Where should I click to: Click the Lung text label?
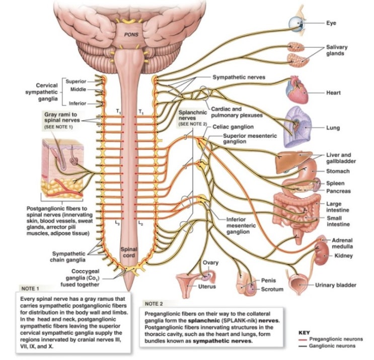332,128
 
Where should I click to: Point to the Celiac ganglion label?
233,127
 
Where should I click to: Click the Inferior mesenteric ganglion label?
241,226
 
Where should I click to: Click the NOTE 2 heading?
154,304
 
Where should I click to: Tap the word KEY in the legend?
304,332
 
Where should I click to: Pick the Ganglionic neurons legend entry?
333,346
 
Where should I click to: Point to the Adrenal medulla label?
344,243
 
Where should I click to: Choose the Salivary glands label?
337,50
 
